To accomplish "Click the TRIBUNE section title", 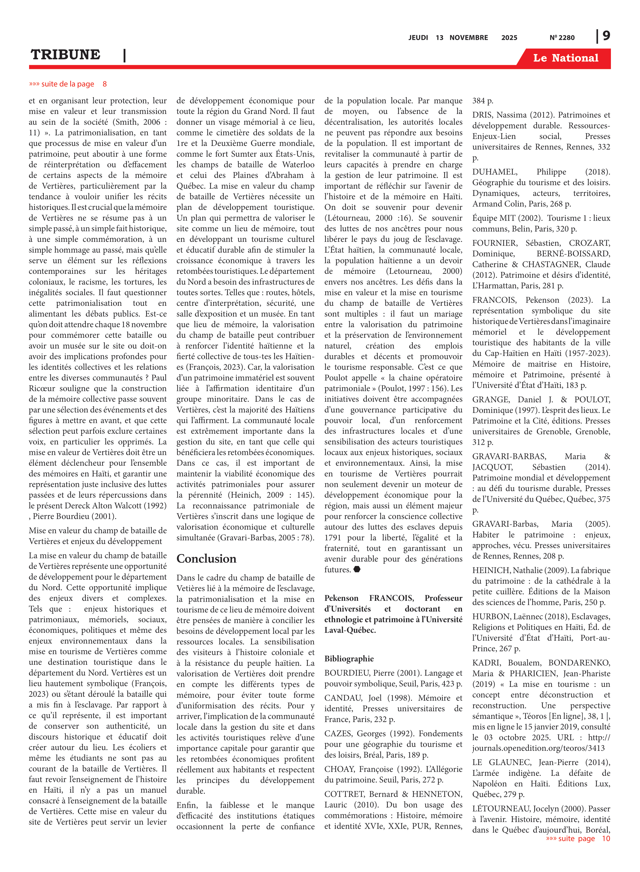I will [x=65, y=55].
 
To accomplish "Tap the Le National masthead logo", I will [x=565, y=58].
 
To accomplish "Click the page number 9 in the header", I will [x=606, y=36].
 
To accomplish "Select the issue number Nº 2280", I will [x=562, y=37].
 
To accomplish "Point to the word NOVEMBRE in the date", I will [x=468, y=37].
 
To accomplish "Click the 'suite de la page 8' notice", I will [x=68, y=84].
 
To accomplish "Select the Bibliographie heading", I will [x=349, y=658].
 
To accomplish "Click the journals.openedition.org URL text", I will [x=538, y=748].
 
